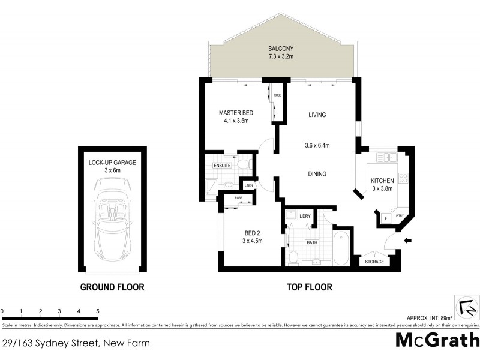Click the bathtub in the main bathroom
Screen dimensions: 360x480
[340, 247]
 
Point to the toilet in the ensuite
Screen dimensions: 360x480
[242, 163]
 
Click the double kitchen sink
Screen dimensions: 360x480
[386, 157]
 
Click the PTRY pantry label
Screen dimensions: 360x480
[399, 217]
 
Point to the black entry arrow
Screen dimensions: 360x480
[409, 241]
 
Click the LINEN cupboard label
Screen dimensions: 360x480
[248, 185]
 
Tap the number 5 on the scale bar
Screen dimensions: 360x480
[98, 311]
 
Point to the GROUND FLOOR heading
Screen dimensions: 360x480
[112, 287]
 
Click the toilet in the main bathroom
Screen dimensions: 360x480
[293, 257]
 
